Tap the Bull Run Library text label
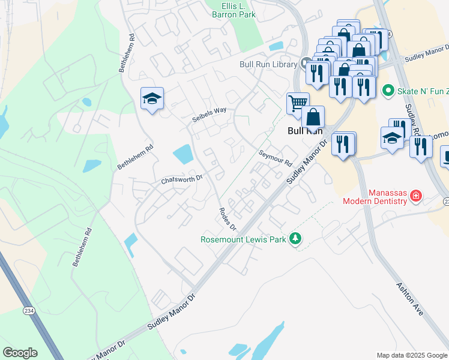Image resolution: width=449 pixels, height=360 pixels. point(268,64)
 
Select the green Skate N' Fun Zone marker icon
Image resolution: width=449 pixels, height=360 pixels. point(387,91)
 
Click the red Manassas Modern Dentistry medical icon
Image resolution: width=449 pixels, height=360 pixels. point(415,196)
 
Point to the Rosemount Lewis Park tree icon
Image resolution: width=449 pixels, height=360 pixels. point(295,239)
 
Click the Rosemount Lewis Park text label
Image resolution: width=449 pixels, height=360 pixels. point(244,239)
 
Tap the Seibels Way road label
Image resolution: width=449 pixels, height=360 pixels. point(209,111)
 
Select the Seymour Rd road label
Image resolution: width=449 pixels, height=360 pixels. point(275,158)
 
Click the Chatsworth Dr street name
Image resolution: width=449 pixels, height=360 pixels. point(182,179)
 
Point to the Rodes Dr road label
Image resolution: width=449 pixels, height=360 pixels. point(228,219)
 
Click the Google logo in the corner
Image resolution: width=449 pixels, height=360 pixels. point(20,353)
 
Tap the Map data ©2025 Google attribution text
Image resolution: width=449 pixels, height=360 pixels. point(411,355)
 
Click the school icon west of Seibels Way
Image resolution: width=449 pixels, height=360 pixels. point(152,98)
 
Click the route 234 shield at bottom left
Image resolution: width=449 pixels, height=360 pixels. point(29,311)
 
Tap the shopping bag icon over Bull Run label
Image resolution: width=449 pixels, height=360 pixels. point(313,117)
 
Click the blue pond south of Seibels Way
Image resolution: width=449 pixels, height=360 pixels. point(182,154)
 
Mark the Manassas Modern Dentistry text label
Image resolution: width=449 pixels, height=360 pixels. point(374,197)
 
